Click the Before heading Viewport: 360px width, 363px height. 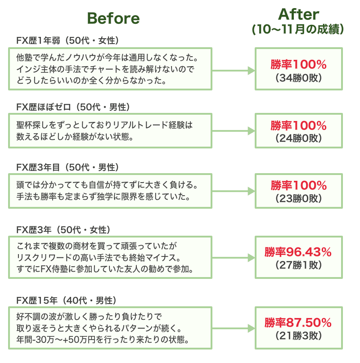coord(113,18)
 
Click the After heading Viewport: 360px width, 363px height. coord(298,14)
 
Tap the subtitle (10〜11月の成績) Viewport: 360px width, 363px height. coord(298,30)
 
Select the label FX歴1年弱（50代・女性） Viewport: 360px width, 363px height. coord(67,41)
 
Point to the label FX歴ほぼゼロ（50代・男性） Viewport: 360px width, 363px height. coord(73,107)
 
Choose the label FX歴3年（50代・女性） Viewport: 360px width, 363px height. coord(63,230)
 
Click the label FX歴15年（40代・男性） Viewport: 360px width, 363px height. coord(66,300)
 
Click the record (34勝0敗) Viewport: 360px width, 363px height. coord(298,78)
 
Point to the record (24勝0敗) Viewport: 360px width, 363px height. coord(298,138)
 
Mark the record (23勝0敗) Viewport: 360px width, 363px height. coord(298,198)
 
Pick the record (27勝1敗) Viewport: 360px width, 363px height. coord(298,265)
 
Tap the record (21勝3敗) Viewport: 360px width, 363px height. coord(298,335)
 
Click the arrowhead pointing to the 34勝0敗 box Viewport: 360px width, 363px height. coord(251,71)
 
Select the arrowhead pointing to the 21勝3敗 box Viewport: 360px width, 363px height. coord(251,329)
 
